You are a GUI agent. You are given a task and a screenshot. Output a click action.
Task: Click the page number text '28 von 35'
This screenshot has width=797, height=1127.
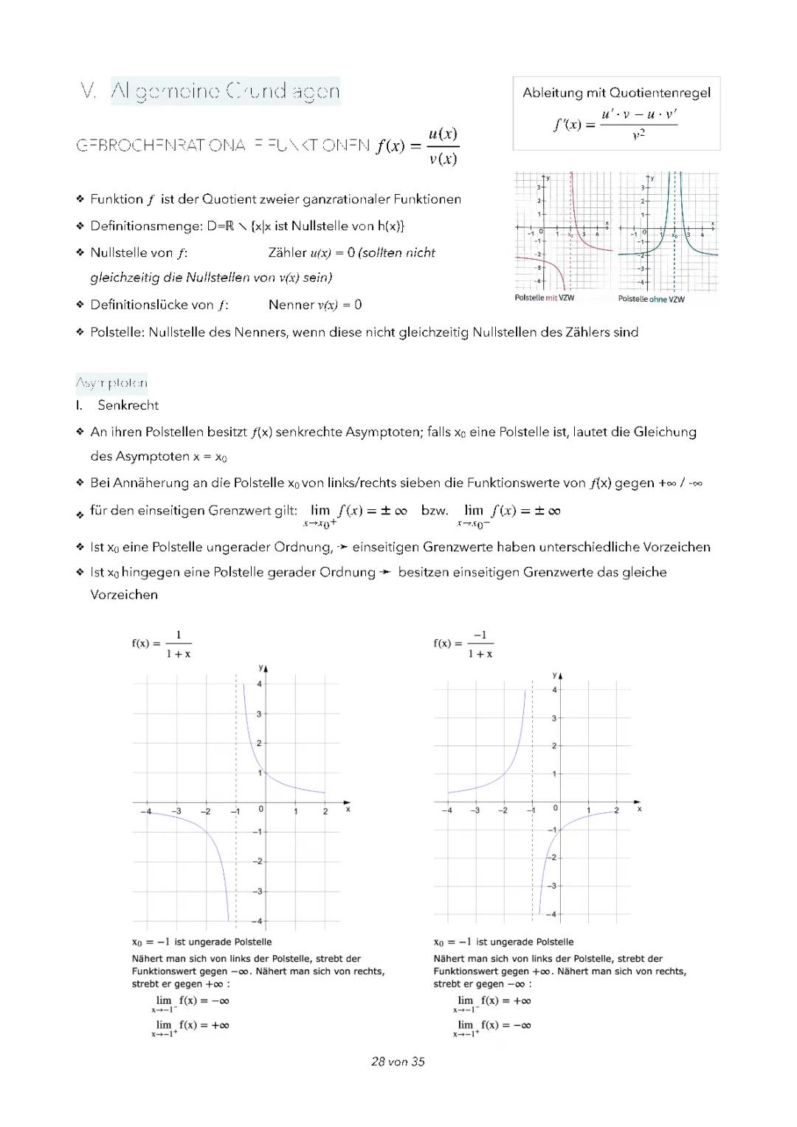tap(398, 1061)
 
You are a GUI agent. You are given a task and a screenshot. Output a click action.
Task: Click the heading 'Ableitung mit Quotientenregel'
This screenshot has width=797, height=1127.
tap(616, 93)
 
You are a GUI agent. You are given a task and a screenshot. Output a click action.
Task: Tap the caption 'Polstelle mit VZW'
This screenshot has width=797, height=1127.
tap(544, 297)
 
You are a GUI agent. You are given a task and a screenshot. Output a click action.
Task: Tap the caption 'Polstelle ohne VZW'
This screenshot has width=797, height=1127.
tap(651, 299)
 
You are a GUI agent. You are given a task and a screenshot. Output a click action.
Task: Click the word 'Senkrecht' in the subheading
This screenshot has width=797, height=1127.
tap(128, 405)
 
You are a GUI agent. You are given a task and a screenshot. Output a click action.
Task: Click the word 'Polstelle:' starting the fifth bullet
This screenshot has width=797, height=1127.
tap(117, 332)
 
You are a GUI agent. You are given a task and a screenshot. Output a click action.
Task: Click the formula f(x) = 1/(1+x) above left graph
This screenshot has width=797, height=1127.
tap(162, 644)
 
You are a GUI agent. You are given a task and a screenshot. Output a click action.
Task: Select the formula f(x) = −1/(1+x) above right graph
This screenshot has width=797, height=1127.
tap(463, 644)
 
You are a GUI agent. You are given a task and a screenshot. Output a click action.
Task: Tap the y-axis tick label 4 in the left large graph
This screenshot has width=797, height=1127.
tap(259, 684)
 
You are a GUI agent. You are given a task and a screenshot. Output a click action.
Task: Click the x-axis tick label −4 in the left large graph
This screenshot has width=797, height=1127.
tap(145, 811)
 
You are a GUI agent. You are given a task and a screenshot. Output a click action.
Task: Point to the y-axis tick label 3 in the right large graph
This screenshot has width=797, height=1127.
tap(554, 718)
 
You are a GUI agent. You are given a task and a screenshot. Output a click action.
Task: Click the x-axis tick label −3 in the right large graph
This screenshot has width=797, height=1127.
tap(475, 810)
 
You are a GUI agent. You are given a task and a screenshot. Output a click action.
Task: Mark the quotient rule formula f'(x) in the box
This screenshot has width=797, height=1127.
tap(615, 125)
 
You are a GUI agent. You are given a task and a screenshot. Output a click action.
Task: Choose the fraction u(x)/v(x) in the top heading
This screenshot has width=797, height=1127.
tap(443, 146)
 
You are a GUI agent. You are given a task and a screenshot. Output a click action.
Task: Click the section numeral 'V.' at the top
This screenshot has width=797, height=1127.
tap(89, 92)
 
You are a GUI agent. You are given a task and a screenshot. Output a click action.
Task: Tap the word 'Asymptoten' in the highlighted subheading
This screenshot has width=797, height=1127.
tap(111, 383)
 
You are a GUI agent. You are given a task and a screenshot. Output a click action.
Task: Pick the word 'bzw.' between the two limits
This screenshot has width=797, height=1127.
tap(435, 511)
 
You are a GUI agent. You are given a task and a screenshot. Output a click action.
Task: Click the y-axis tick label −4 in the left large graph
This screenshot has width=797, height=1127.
tap(256, 921)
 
